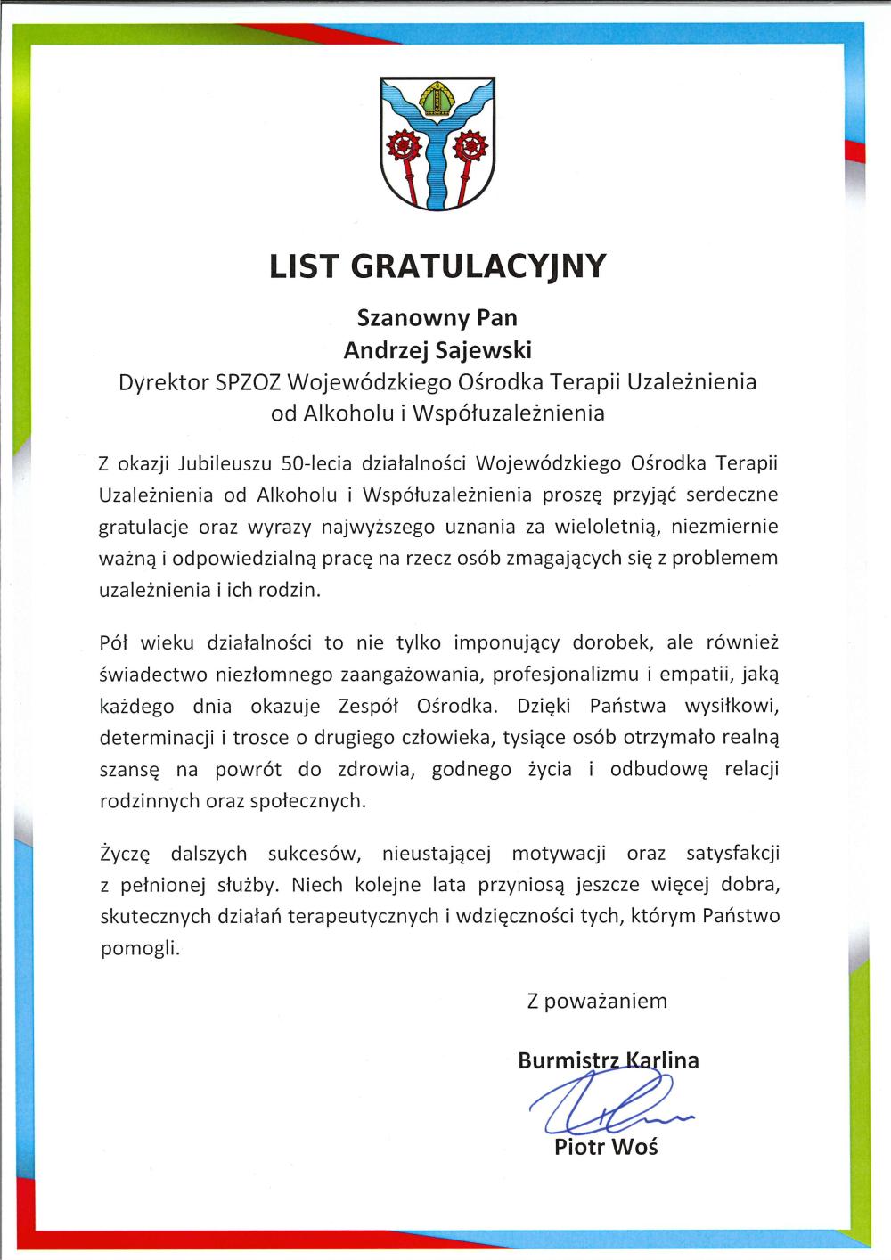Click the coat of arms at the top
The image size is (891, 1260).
point(437,143)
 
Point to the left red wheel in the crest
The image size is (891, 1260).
point(403,145)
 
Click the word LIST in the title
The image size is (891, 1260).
point(306,266)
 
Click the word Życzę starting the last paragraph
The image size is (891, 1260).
point(124,855)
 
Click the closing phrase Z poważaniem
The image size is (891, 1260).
point(596,1001)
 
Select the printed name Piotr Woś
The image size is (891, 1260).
point(606,1146)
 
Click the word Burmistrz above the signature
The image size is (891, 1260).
point(568,1060)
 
